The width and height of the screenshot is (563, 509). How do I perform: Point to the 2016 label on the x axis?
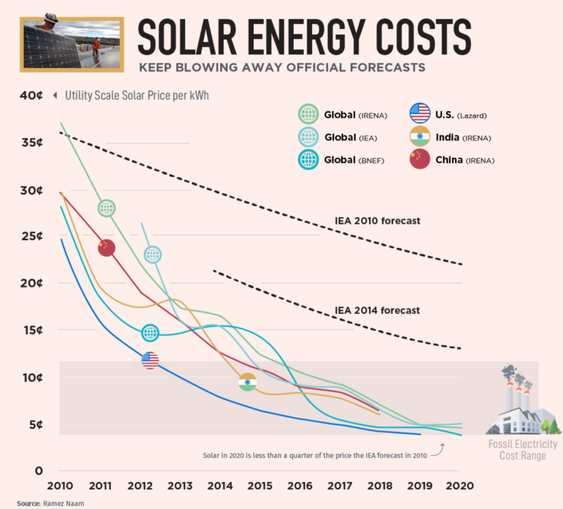coord(299,486)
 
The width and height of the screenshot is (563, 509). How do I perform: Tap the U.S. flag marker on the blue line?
coord(150,360)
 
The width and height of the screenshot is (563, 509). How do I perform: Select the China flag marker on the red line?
coord(106,247)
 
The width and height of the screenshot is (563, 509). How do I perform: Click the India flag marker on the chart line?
coord(247,382)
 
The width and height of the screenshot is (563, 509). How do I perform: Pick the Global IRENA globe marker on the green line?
coord(106,208)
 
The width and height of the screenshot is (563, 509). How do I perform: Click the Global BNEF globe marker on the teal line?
coord(150,333)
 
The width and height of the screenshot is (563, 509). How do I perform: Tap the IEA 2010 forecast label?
coord(377,221)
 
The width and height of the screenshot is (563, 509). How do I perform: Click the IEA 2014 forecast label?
coord(377,310)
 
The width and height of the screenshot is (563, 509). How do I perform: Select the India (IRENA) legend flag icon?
coord(419,137)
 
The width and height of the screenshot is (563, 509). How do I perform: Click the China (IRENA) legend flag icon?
coord(419,159)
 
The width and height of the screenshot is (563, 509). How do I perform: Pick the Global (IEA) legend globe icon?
coord(308,137)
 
